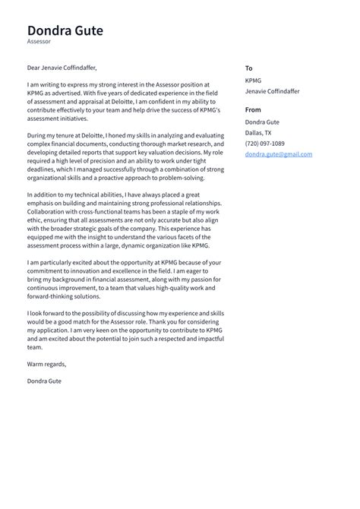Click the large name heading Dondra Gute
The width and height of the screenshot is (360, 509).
(x=65, y=31)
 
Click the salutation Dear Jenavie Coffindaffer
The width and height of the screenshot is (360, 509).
(x=62, y=68)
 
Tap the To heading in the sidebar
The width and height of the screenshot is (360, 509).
(x=249, y=68)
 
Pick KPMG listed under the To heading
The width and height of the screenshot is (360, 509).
(x=254, y=80)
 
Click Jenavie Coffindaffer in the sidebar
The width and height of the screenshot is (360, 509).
(x=272, y=91)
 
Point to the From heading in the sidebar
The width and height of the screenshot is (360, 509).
(x=253, y=110)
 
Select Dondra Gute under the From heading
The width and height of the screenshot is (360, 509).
(x=263, y=122)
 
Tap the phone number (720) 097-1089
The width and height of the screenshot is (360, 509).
(x=265, y=144)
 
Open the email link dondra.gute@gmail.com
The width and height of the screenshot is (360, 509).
(x=278, y=154)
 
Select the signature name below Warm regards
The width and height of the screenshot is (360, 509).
(x=44, y=381)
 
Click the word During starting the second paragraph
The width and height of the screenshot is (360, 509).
(x=39, y=134)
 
